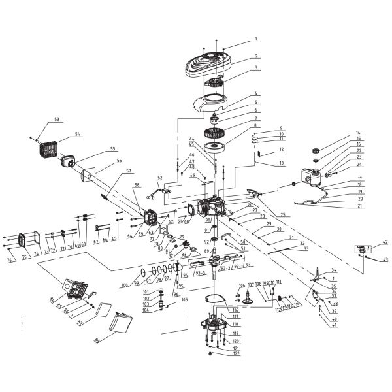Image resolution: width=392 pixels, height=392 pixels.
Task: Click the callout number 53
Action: coord(57,120)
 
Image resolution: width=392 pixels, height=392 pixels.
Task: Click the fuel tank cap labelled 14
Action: coord(315,150)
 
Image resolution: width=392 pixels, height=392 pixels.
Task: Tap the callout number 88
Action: coord(97,340)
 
